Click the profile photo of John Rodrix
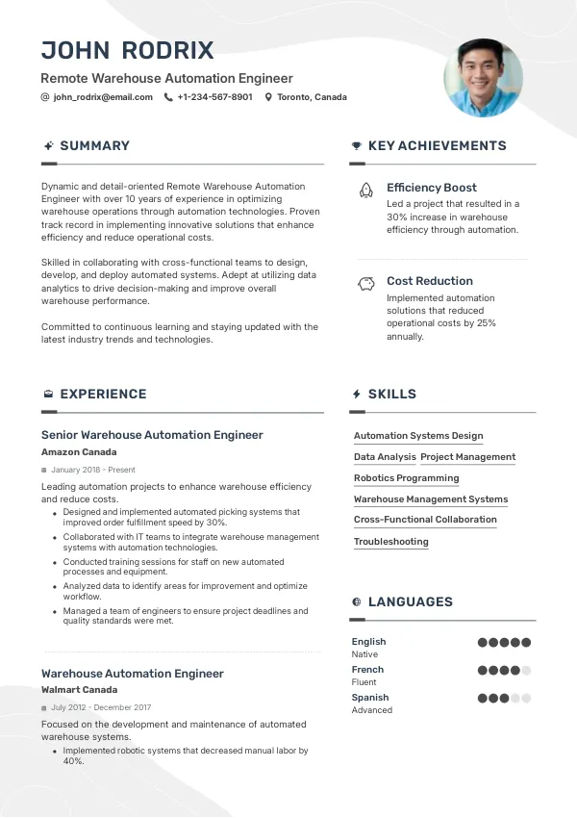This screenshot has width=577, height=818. pos(483,78)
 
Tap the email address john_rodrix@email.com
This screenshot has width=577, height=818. pos(103,97)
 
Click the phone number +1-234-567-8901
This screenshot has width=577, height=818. pos(215,97)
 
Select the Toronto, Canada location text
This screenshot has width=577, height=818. pos(312,97)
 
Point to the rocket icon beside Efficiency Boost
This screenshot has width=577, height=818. pos(365,190)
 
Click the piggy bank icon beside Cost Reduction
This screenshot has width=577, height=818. pos(365,283)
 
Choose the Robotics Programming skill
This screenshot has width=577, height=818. pos(406,478)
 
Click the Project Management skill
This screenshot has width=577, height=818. pos(468,457)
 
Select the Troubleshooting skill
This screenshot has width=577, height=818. pos(390,542)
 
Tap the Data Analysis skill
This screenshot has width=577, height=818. pos(385,457)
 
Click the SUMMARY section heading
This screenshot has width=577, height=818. pos(94,146)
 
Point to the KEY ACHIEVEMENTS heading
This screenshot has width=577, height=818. pos(437,146)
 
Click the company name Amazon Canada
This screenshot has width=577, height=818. pos(79,452)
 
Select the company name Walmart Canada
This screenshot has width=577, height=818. pos(79,690)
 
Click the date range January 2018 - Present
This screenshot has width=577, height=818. pos(93,470)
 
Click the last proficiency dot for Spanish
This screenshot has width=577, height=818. pos(526,699)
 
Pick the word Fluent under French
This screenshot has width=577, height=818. pos(364,682)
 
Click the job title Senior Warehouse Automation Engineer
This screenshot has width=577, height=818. pos(152,435)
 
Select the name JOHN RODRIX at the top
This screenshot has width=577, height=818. pos(127,50)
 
